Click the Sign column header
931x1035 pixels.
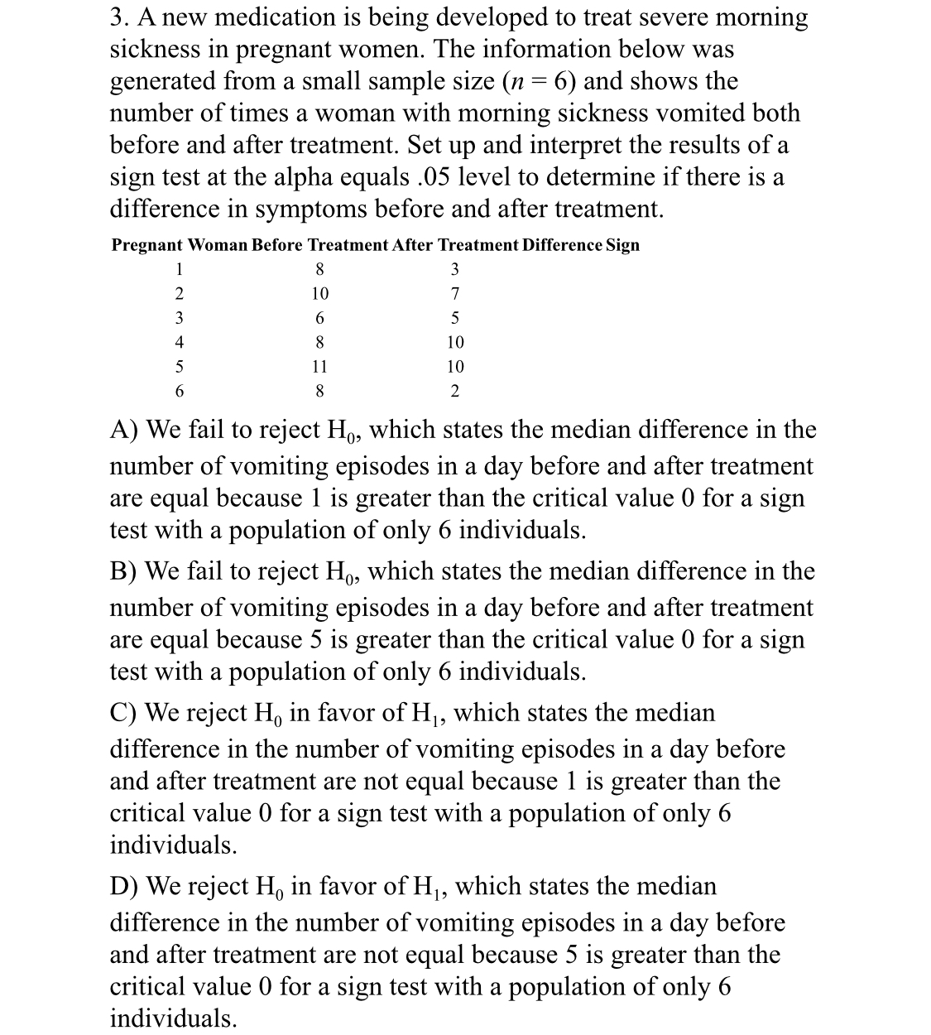coord(622,245)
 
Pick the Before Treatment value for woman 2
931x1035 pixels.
coord(319,294)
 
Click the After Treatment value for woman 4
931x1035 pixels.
coord(455,342)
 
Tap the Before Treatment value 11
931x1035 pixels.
coord(319,366)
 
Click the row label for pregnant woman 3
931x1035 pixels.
coord(178,318)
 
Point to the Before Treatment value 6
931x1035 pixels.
coord(319,318)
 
